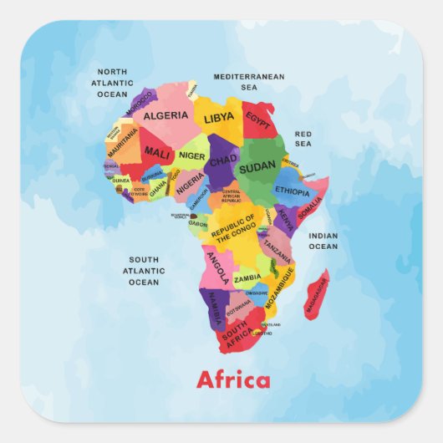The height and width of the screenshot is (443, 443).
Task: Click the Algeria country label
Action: pos(165,115)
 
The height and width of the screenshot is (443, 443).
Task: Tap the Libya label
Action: pos(219,118)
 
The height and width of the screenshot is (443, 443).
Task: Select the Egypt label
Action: pos(258,123)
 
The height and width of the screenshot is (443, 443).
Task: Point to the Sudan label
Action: pos(257,168)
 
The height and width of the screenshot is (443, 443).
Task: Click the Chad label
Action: pos(223,160)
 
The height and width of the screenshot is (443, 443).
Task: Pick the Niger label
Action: pos(191,155)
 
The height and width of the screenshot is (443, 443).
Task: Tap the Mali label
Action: pos(156,153)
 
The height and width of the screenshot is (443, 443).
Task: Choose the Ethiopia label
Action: pos(292,191)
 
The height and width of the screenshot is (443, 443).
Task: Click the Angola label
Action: pos(216,269)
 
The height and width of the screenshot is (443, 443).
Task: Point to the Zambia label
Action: pos(247,278)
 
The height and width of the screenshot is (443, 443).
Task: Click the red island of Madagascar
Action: pos(316,294)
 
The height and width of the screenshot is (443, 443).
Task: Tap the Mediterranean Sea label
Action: pos(249,81)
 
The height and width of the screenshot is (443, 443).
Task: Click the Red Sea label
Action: pos(303,138)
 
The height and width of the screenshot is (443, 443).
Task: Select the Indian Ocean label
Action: pos(323,241)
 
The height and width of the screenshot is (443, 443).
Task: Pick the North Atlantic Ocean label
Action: pos(112,83)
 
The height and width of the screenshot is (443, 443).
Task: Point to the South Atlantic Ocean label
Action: pos(144,271)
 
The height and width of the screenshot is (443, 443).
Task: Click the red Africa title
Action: pos(233,381)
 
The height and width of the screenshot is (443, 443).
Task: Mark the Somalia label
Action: pos(309,206)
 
